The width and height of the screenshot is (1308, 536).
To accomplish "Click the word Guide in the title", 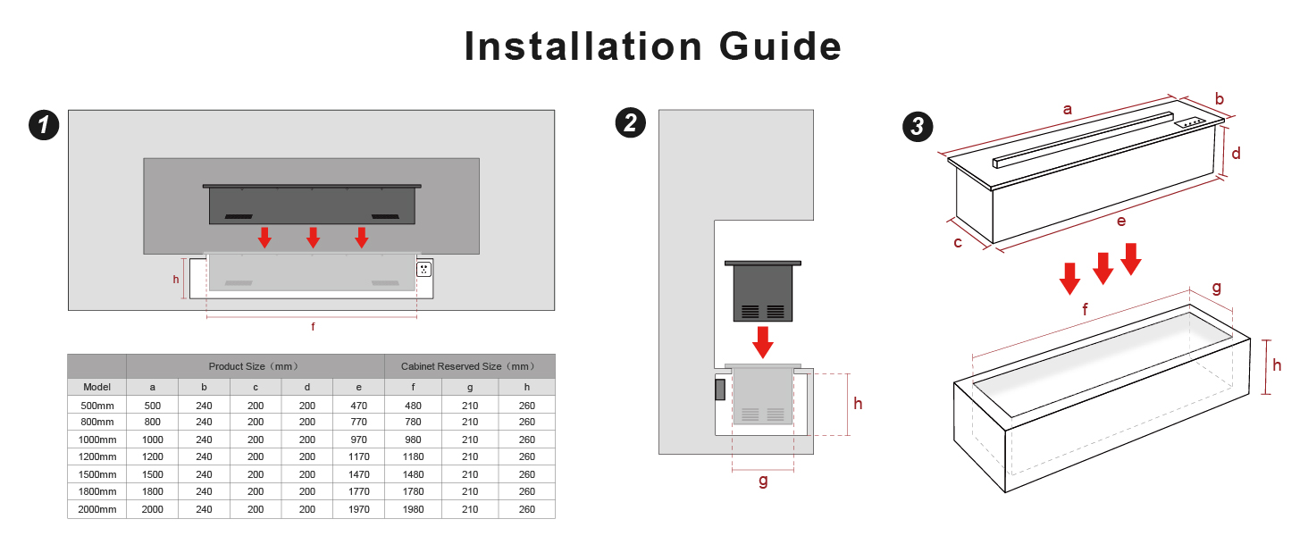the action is coord(780,46).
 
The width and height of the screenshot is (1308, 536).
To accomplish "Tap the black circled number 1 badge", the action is coord(44,125).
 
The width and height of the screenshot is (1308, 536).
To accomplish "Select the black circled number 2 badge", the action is coord(631,122).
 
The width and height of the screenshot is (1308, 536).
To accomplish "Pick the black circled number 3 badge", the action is coord(918,126).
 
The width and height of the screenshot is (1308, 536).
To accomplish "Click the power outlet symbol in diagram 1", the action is coord(423,269).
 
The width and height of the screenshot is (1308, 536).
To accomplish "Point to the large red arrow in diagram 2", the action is coord(763,342).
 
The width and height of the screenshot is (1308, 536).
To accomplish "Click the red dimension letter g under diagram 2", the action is coord(763,482).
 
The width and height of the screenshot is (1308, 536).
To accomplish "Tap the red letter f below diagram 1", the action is coord(313,326).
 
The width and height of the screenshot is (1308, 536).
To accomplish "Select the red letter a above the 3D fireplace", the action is coord(1068,109).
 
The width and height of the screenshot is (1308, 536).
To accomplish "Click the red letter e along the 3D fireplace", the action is coord(1121,222).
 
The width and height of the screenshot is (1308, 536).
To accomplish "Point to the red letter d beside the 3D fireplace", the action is coord(1236,154).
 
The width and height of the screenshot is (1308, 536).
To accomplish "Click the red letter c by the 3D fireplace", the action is coord(958,242).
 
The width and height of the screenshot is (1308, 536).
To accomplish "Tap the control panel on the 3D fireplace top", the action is coord(1190,122).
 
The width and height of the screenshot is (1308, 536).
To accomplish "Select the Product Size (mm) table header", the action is coord(256,366).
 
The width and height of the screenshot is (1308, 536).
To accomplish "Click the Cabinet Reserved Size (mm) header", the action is coord(469,366).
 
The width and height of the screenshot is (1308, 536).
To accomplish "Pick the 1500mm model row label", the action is coord(96,474).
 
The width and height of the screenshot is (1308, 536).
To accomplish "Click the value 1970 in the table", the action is coord(358,509).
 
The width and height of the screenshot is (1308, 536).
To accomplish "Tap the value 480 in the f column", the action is coord(413,406).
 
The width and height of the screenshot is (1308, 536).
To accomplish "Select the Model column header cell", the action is coord(96,387).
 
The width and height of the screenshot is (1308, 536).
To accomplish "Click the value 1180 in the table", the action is coord(413,456).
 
